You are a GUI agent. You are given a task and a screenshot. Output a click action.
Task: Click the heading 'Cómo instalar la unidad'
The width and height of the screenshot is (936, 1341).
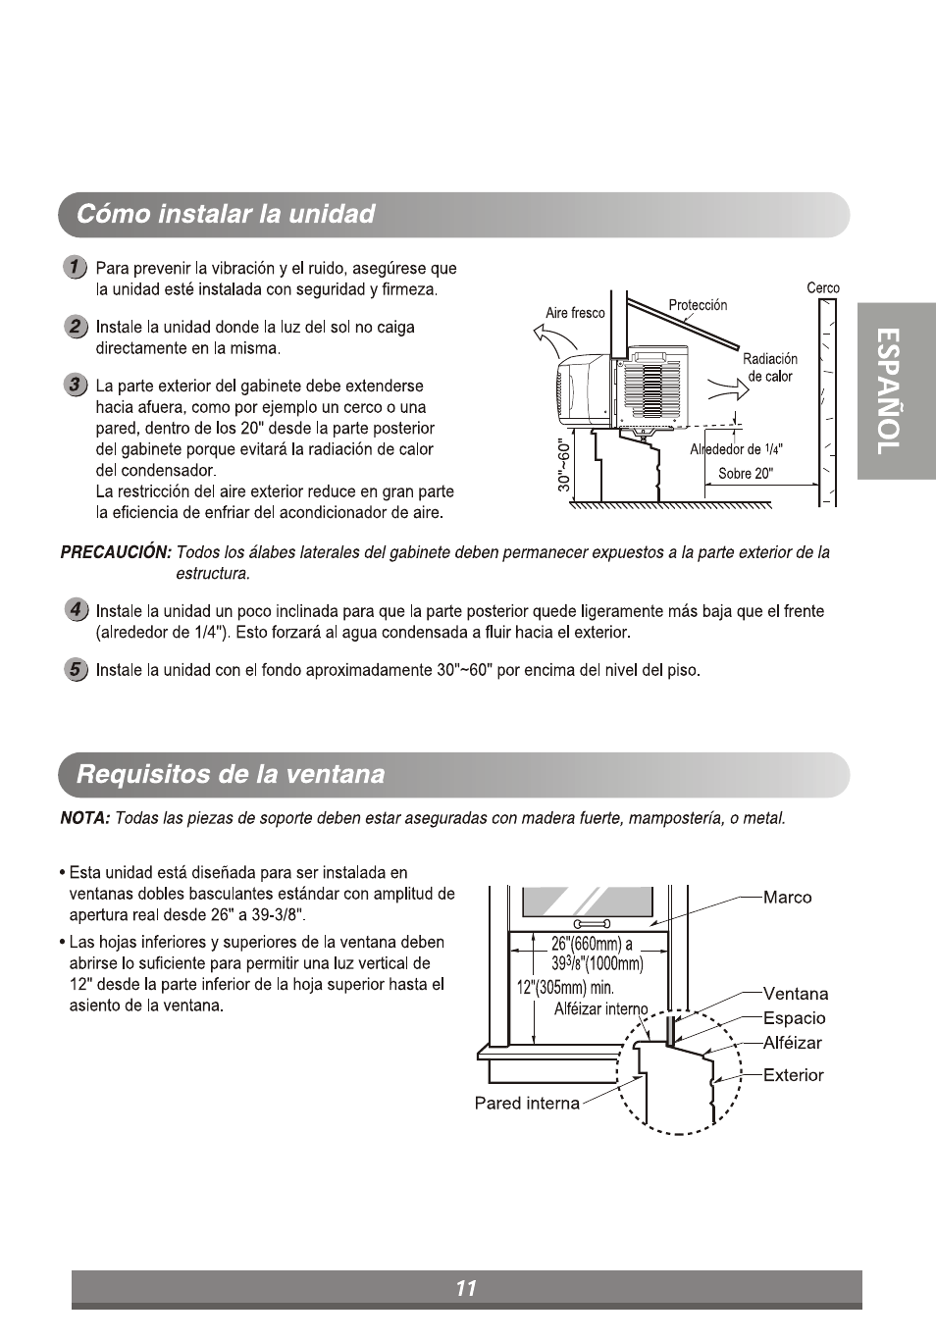(226, 215)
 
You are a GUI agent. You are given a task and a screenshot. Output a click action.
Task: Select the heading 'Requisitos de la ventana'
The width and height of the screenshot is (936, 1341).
(231, 775)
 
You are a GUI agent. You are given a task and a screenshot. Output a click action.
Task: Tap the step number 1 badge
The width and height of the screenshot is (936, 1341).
(75, 268)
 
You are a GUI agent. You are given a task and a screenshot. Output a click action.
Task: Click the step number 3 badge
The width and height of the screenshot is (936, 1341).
(75, 385)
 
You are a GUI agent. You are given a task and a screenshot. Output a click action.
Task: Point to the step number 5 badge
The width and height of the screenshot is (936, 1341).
(75, 670)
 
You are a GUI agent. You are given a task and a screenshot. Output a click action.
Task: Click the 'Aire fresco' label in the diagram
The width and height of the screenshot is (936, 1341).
(575, 313)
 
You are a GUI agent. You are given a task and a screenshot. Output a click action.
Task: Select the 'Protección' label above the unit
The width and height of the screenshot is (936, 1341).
(698, 305)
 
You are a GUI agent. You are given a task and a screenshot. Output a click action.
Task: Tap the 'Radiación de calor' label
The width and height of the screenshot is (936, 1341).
(770, 368)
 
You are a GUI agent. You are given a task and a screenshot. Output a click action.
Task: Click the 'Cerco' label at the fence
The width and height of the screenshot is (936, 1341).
(823, 287)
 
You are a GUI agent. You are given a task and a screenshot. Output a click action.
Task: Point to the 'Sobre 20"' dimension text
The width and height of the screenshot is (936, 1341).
(746, 474)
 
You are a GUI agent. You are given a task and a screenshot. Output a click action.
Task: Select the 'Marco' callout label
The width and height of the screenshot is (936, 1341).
(787, 898)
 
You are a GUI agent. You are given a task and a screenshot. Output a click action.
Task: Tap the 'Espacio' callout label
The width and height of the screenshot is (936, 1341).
(794, 1018)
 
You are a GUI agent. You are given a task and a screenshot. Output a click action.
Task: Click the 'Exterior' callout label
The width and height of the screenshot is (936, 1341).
(793, 1075)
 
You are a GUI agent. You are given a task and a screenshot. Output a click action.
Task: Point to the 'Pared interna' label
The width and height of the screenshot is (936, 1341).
(527, 1104)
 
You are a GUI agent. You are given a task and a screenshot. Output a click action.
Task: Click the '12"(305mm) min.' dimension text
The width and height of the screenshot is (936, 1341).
(565, 988)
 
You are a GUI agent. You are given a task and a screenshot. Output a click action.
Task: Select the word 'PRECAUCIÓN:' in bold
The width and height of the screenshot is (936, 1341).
(116, 552)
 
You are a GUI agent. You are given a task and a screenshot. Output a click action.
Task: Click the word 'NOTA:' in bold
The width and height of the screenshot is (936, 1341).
(84, 818)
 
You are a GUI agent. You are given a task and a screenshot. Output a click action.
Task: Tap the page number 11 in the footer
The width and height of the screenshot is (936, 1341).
(466, 1288)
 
